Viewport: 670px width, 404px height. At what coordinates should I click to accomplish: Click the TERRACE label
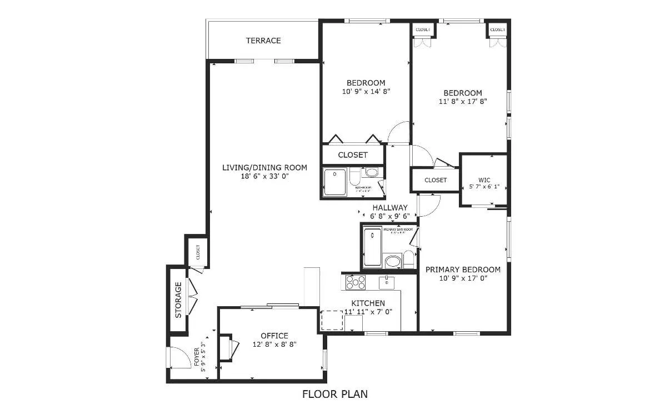[x=263, y=41]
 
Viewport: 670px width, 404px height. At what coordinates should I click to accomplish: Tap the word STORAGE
[x=178, y=300]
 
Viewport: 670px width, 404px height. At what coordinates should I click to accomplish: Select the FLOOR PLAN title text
[x=334, y=394]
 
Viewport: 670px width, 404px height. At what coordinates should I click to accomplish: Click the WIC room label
[x=484, y=180]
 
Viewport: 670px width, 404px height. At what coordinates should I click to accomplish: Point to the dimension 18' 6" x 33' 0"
[x=265, y=176]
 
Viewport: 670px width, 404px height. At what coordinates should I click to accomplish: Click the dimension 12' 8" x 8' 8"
[x=274, y=344]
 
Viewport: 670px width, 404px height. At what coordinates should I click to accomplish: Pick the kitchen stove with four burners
[x=356, y=282]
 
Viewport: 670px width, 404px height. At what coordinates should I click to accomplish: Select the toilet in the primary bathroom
[x=408, y=259]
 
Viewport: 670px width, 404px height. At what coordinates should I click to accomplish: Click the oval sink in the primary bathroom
[x=393, y=262]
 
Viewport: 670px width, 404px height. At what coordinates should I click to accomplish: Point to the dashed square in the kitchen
[x=332, y=320]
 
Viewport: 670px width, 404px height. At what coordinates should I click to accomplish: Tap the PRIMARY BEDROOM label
[x=463, y=270]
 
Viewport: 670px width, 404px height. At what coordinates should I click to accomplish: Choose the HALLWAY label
[x=390, y=207]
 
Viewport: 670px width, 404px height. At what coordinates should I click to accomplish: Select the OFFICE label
[x=274, y=336]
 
